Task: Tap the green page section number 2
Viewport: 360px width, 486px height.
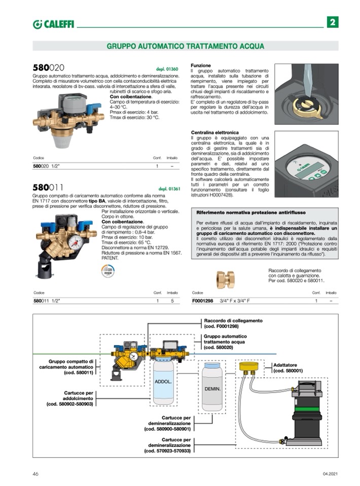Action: click(332, 22)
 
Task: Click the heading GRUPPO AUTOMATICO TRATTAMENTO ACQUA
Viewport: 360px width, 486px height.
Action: click(185, 46)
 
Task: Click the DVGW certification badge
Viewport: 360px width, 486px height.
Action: click(107, 271)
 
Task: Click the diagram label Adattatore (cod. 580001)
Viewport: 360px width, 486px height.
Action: click(287, 367)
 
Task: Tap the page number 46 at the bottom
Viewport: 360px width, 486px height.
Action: click(35, 473)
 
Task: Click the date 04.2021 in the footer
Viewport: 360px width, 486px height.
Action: click(330, 473)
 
